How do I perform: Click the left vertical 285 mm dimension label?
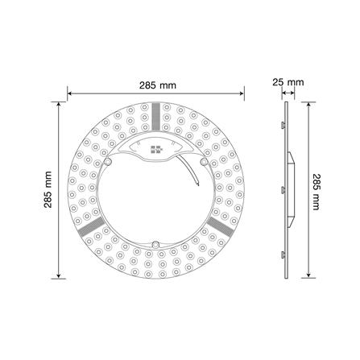(50, 190)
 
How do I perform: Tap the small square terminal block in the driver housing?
(155, 151)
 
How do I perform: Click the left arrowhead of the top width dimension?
(69, 93)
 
